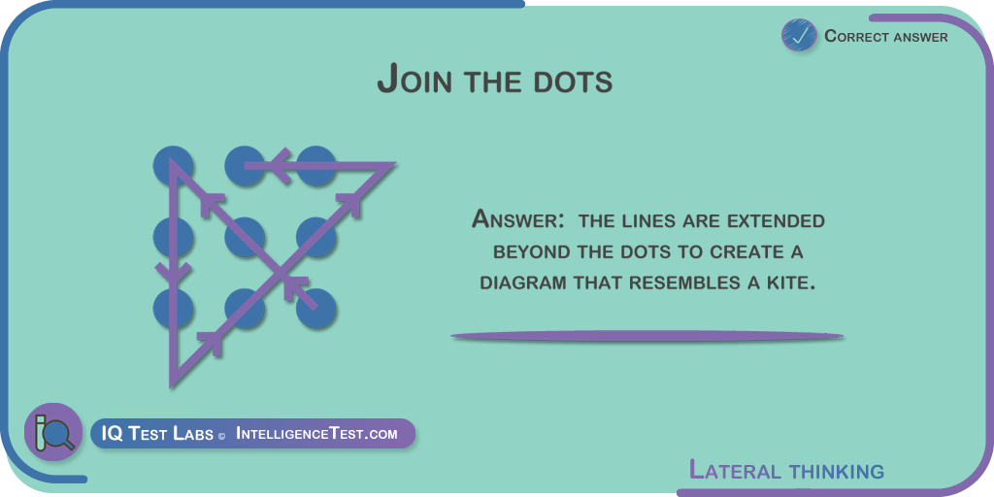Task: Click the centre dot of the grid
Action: coord(245,237)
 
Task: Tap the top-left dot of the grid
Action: coord(173,165)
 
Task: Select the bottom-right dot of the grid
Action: coord(315,309)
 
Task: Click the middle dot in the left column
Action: coord(173,237)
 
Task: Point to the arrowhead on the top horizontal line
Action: coord(279,166)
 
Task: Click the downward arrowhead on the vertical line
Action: coord(173,274)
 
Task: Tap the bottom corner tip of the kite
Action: coord(171,386)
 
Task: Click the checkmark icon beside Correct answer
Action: coord(800,36)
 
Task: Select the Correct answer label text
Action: coord(886,37)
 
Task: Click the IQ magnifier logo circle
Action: coord(53,432)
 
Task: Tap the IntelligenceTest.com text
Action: coord(316,434)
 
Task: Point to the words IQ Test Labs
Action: coord(157,434)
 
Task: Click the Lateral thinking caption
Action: coord(786,471)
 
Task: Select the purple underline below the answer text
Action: coord(646,336)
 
